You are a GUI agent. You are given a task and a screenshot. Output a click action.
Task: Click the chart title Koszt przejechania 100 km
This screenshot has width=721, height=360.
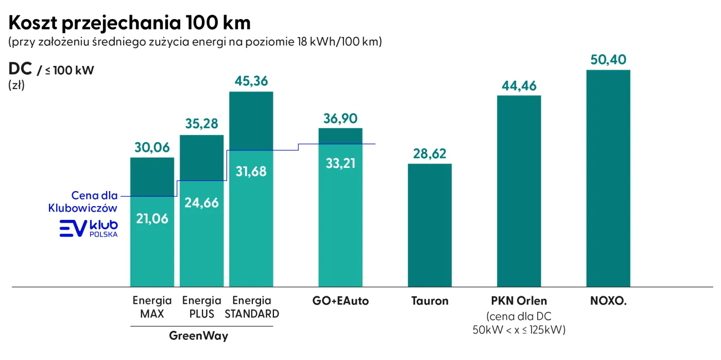click(130, 23)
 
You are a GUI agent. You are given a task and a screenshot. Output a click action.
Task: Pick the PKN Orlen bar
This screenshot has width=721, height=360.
click(519, 191)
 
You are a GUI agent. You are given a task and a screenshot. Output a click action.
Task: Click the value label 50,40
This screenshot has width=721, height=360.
click(608, 60)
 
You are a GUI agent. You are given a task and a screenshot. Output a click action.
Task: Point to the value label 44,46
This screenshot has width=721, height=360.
click(519, 85)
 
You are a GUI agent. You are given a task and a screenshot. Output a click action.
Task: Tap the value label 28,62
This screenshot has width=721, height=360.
click(430, 154)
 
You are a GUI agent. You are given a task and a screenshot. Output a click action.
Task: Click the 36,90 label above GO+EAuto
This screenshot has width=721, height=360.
click(340, 118)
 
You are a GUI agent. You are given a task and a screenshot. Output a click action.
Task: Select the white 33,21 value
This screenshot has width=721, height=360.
click(340, 164)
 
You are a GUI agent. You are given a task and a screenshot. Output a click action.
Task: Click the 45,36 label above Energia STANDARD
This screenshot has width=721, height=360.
click(251, 82)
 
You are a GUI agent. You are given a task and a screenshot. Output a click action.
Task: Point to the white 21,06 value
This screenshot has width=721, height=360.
click(152, 218)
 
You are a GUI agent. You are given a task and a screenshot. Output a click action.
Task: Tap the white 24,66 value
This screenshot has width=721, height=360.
click(201, 202)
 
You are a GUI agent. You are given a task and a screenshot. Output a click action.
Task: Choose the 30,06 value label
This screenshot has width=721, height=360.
click(152, 148)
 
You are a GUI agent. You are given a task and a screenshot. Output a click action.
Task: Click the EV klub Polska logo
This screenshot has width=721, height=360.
click(89, 228)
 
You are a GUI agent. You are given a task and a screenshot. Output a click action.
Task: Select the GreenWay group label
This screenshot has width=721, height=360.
click(199, 336)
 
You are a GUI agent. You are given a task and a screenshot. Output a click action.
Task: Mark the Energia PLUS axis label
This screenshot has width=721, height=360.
click(201, 307)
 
